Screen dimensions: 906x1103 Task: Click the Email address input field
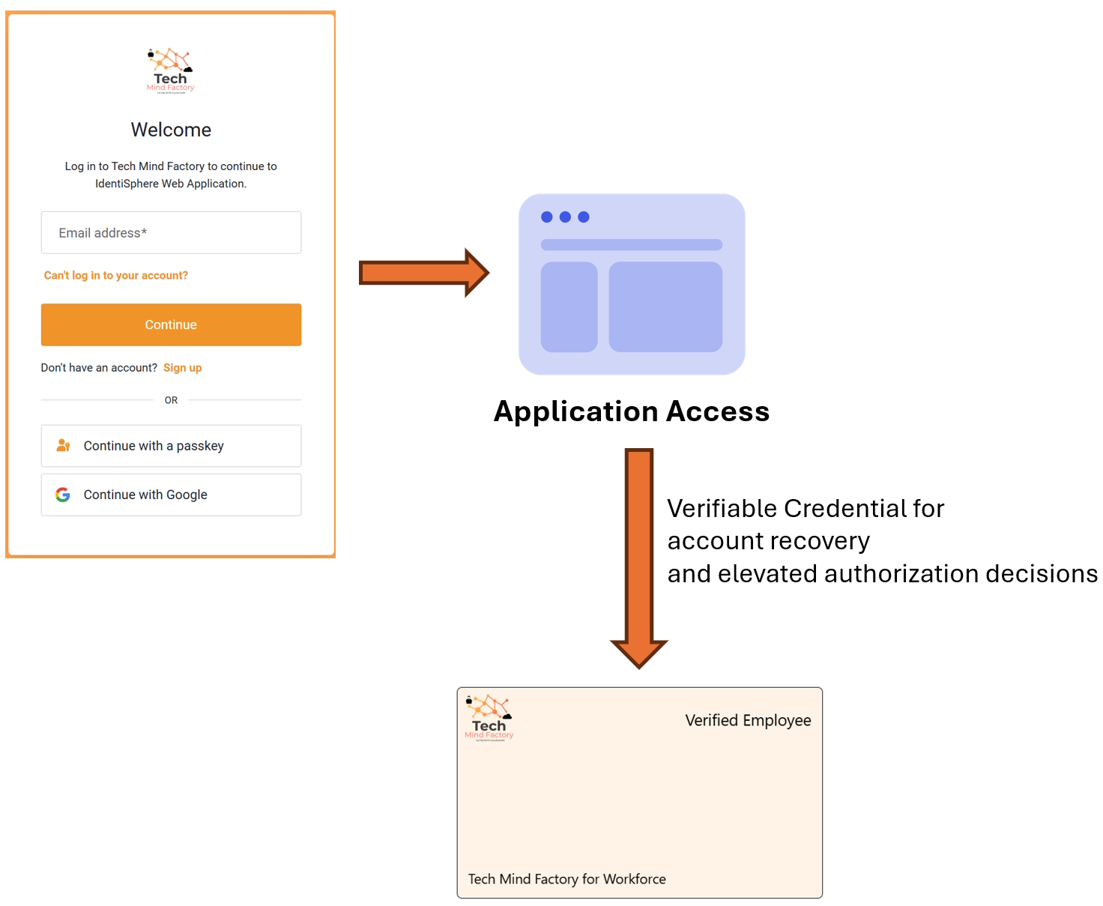click(x=171, y=232)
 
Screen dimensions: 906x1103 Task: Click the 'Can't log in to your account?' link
click(x=116, y=276)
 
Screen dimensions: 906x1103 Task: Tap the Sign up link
click(x=182, y=368)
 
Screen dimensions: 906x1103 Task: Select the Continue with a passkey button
click(x=171, y=446)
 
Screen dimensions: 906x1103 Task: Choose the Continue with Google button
click(x=171, y=495)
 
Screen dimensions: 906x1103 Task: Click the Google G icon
click(x=63, y=495)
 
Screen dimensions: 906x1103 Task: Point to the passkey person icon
click(x=64, y=446)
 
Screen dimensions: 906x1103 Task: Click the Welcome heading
click(x=171, y=130)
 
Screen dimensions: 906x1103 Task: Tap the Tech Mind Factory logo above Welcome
click(x=170, y=70)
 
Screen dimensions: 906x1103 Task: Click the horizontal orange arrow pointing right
click(x=423, y=273)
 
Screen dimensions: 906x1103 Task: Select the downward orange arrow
click(x=639, y=555)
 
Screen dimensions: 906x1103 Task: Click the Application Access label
click(x=632, y=411)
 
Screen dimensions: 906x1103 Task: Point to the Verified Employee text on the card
click(x=748, y=720)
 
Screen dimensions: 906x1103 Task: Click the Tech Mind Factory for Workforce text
click(x=567, y=879)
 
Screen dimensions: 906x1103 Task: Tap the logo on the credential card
click(x=489, y=718)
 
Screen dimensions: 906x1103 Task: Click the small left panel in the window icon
click(x=569, y=306)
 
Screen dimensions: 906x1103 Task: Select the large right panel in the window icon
click(x=665, y=306)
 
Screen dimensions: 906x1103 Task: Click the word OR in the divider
click(x=171, y=400)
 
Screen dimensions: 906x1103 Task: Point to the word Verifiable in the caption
click(x=722, y=508)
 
